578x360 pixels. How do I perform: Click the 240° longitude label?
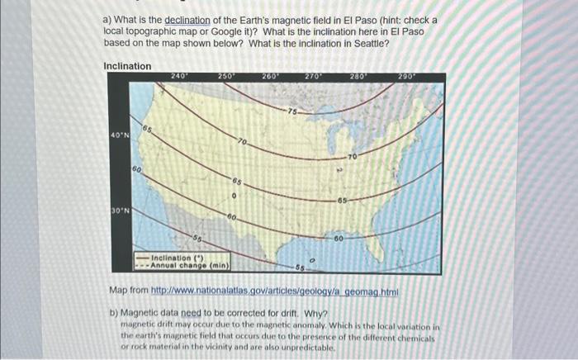(x=179, y=76)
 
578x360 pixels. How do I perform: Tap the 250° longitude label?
(x=225, y=76)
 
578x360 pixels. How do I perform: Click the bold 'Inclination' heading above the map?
(x=127, y=66)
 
